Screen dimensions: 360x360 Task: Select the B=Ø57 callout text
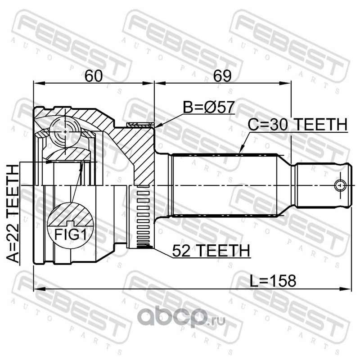point(208,107)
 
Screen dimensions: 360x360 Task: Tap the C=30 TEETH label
point(297,125)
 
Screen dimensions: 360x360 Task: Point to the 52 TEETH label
point(211,251)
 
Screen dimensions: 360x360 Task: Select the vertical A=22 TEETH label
point(13,214)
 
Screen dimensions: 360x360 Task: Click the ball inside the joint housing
point(65,132)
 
